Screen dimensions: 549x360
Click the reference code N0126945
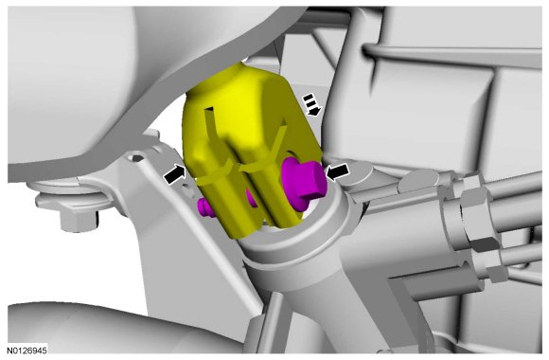(27, 351)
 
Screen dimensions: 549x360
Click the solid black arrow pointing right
(174, 173)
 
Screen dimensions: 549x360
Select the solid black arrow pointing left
(337, 171)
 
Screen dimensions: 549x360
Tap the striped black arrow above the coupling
(311, 104)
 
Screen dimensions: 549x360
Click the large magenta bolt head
(303, 182)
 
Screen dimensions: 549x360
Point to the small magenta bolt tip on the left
(204, 207)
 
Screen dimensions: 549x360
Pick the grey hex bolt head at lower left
(79, 220)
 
